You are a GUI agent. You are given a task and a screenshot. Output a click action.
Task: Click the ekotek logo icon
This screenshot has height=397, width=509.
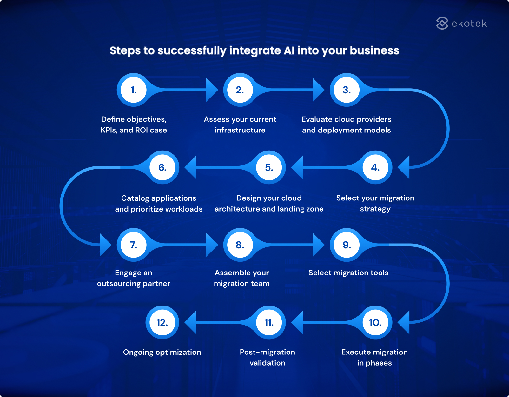click(x=442, y=23)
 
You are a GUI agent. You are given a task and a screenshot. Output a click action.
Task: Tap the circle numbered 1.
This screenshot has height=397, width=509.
click(x=134, y=90)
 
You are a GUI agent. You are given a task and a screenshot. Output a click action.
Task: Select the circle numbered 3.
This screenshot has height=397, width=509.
click(x=347, y=90)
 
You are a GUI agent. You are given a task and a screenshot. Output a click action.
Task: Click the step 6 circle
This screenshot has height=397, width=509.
click(x=162, y=167)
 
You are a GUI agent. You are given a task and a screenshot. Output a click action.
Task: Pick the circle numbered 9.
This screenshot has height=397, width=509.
click(x=347, y=245)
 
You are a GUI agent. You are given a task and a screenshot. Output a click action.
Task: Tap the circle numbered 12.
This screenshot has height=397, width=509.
click(x=162, y=322)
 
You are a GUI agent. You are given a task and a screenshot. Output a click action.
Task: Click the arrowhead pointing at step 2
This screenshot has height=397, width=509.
click(x=212, y=90)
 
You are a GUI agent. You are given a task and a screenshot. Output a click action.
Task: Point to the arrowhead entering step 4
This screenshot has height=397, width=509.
click(x=404, y=167)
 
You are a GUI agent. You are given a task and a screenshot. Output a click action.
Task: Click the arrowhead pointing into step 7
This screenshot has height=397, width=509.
click(x=105, y=245)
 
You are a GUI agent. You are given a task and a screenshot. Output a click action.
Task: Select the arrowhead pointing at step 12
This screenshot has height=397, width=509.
click(x=191, y=322)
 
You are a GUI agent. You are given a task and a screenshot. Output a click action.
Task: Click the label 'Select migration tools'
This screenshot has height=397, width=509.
click(x=348, y=273)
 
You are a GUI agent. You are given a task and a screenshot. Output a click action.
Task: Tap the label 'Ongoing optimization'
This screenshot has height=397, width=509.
click(x=162, y=352)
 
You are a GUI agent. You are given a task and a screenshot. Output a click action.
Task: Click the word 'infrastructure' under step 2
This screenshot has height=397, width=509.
click(x=240, y=130)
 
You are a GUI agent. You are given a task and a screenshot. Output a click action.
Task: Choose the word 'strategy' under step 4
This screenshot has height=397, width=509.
click(x=375, y=209)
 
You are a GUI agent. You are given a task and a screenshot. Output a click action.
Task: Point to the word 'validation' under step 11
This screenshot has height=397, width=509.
click(x=267, y=363)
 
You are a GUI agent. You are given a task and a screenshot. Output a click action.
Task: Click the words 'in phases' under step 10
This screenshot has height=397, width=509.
click(x=374, y=363)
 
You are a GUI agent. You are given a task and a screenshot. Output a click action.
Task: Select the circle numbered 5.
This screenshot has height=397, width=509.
click(x=269, y=167)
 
